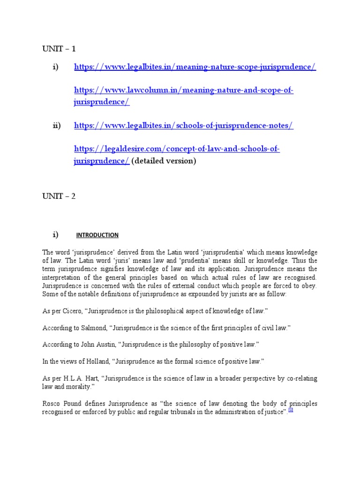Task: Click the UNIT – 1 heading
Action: [59, 49]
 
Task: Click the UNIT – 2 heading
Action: [59, 196]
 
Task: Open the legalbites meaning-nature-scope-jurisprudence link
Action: [195, 67]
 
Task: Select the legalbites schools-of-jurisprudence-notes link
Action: [184, 126]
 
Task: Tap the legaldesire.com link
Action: [177, 149]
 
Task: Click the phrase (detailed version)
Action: [164, 161]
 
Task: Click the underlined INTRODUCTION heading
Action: [97, 235]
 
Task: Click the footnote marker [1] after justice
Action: [291, 410]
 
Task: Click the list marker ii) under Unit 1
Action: [57, 126]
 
